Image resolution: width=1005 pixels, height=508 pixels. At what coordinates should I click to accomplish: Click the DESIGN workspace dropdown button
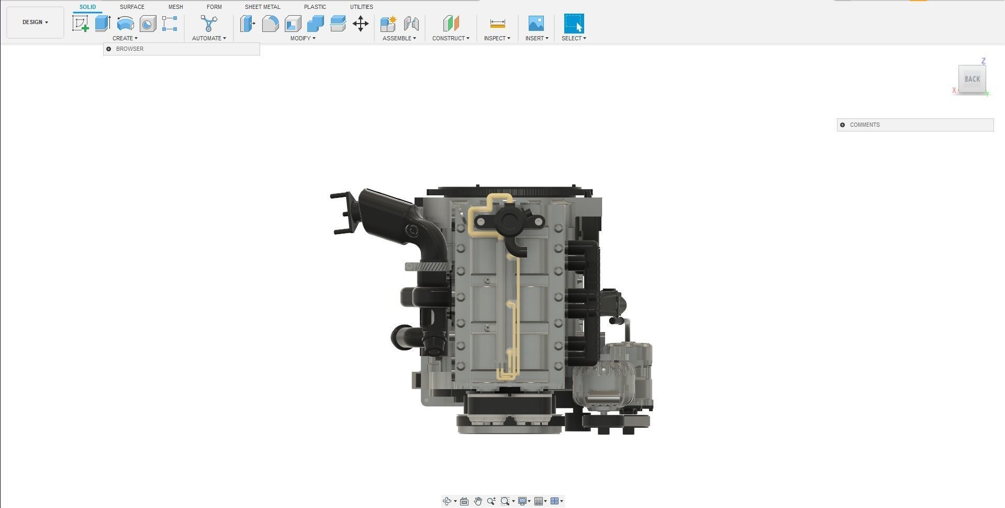35,23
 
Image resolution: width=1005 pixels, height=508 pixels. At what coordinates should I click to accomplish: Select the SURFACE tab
132,7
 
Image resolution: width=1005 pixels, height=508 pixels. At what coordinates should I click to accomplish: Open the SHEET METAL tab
262,7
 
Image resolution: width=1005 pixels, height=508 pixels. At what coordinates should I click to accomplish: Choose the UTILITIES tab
361,7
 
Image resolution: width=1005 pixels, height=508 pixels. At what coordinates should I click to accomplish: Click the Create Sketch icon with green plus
80,24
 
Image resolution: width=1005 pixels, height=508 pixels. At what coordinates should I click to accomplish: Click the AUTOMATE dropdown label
209,38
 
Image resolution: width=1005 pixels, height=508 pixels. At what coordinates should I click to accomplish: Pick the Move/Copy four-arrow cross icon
361,24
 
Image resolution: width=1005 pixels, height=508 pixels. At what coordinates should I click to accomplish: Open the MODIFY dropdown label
303,38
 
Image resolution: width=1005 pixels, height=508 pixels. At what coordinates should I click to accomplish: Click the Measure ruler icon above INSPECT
497,24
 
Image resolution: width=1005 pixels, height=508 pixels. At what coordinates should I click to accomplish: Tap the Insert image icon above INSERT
536,24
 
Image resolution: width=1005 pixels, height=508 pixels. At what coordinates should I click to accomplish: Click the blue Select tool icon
574,24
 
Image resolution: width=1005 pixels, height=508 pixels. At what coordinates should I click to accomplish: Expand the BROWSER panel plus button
109,49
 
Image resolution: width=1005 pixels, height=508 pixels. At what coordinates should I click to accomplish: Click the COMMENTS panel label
865,125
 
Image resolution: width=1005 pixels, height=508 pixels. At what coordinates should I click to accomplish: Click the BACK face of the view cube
972,79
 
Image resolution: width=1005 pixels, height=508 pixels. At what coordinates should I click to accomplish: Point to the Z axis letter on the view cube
984,61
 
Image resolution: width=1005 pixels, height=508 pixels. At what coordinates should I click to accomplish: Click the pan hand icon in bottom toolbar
477,501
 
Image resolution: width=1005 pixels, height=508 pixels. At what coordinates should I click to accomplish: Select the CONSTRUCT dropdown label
451,38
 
